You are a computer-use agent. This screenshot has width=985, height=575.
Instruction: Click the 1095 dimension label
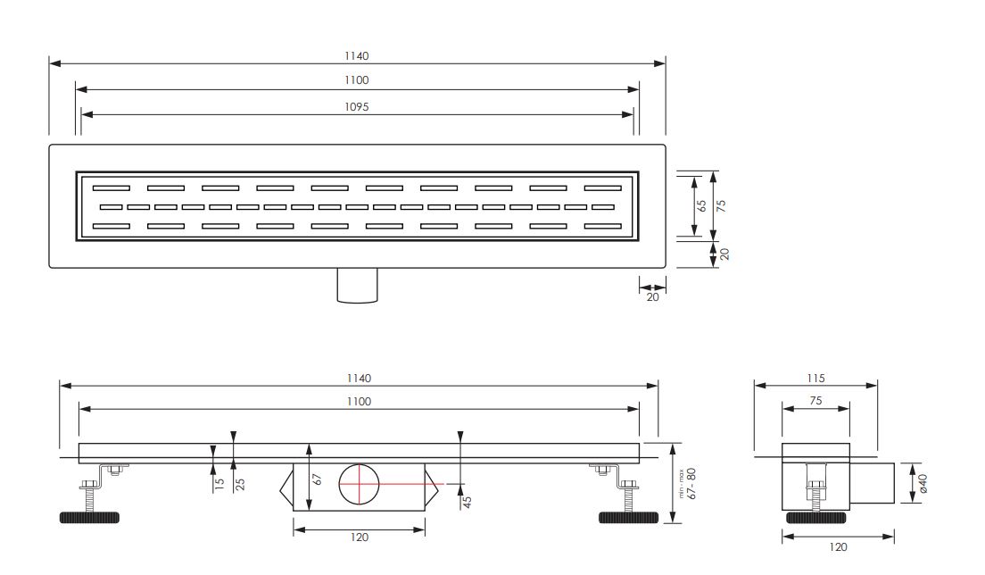click(356, 107)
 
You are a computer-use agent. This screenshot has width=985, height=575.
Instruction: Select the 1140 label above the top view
click(356, 56)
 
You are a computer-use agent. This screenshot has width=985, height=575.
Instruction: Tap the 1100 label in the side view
click(359, 402)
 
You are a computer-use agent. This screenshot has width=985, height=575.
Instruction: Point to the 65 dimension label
click(701, 205)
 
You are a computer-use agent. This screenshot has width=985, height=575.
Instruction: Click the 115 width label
click(815, 379)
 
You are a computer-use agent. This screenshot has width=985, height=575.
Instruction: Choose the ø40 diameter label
click(923, 483)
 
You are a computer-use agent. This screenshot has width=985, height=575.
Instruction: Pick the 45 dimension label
click(467, 502)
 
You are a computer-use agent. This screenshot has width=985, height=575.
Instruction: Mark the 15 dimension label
click(219, 485)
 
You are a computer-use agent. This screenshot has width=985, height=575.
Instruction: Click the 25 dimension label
click(239, 485)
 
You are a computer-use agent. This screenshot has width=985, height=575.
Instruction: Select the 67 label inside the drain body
click(318, 479)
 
